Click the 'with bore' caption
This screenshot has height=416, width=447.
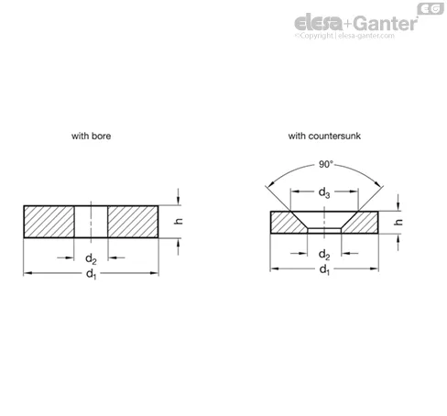(91, 136)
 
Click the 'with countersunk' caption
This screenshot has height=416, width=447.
(324, 136)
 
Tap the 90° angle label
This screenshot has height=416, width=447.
(326, 164)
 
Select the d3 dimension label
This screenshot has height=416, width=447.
(324, 192)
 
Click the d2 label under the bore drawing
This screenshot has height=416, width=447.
(91, 259)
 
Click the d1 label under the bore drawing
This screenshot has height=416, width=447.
(91, 274)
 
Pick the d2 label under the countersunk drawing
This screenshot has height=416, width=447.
(324, 255)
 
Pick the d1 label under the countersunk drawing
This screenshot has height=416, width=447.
(324, 269)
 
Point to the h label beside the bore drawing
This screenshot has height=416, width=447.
(179, 221)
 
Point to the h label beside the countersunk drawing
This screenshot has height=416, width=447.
(398, 222)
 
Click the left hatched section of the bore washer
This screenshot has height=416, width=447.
(49, 222)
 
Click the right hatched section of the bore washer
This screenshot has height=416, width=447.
(133, 222)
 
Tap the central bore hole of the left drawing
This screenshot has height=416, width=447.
(91, 222)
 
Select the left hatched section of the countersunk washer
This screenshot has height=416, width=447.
(287, 223)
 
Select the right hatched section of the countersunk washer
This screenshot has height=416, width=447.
(362, 223)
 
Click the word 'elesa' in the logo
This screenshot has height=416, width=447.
(319, 23)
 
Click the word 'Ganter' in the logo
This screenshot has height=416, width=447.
(386, 23)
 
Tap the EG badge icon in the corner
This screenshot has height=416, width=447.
(431, 9)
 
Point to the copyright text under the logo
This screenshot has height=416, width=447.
(344, 36)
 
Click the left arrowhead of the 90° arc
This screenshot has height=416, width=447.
(269, 183)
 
